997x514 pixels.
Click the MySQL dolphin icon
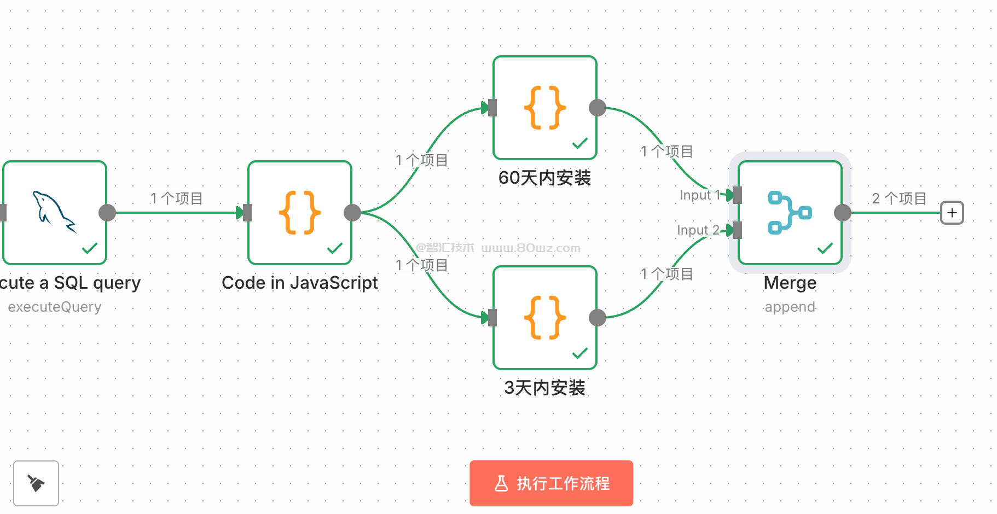[x=54, y=211]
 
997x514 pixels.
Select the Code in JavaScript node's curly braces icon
[x=299, y=213]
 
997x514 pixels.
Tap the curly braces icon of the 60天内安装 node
[x=544, y=108]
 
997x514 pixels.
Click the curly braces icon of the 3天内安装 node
[x=544, y=318]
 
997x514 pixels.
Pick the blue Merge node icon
[x=790, y=213]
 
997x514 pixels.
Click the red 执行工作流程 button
[x=551, y=483]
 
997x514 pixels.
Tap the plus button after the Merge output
[x=952, y=213]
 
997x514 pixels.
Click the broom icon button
[x=36, y=483]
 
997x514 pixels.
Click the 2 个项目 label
[x=899, y=198]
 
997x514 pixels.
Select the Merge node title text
[x=790, y=283]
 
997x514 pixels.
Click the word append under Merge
[x=790, y=307]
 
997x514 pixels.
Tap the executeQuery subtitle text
[x=55, y=307]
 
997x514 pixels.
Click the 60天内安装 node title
[x=544, y=178]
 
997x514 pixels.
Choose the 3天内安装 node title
[x=544, y=388]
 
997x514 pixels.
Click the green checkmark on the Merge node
[x=825, y=248]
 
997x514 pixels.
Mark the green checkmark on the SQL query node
[x=89, y=248]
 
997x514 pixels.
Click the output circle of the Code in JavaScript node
[x=352, y=213]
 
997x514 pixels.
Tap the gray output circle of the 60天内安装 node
[x=598, y=108]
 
